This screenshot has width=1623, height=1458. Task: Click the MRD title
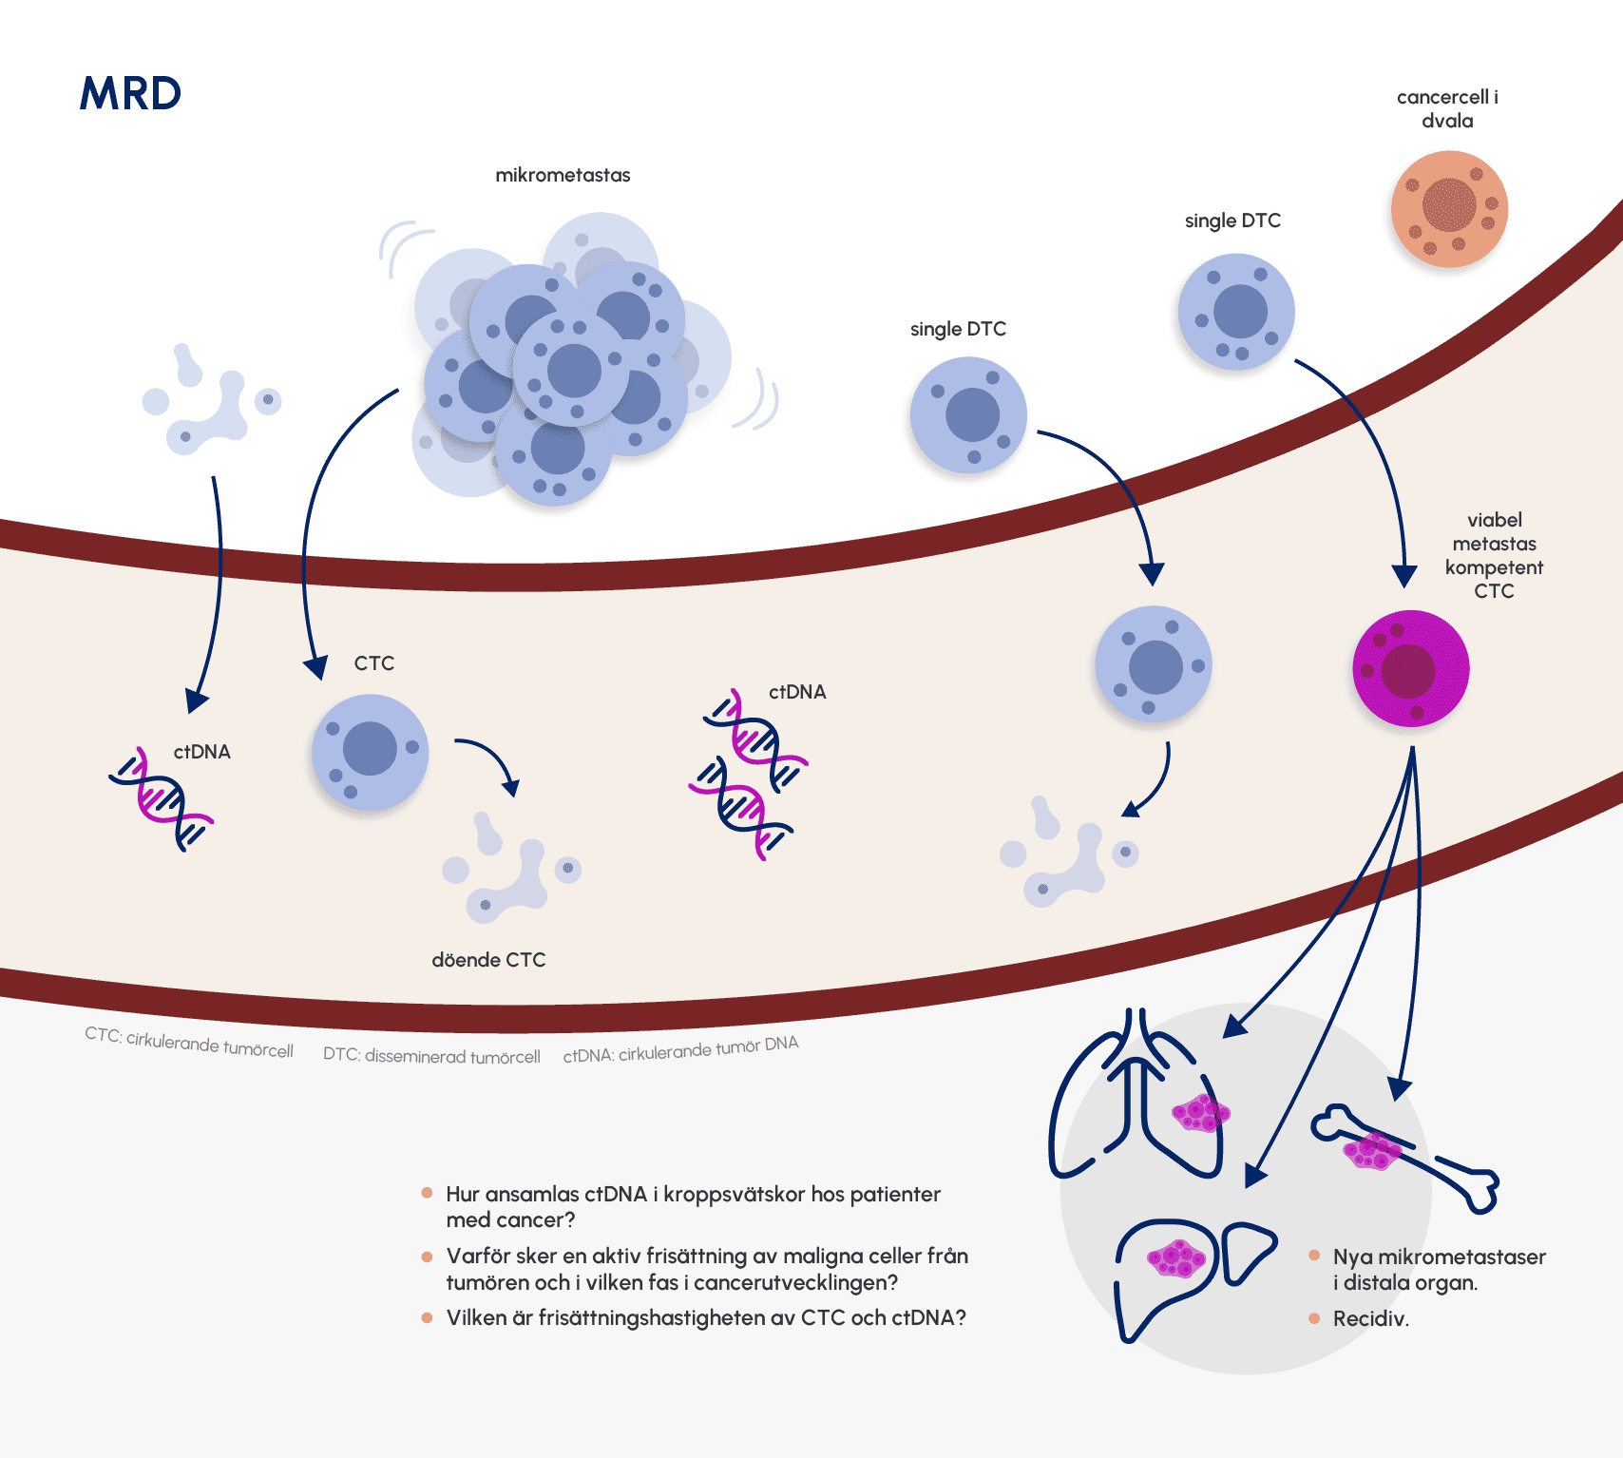click(x=130, y=93)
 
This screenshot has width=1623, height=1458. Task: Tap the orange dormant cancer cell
click(x=1449, y=208)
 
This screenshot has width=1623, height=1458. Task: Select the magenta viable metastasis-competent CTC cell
click(x=1410, y=668)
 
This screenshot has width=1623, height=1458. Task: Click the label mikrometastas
click(x=563, y=175)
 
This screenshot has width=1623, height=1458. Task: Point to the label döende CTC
click(x=488, y=960)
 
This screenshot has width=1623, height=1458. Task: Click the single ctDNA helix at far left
click(x=162, y=798)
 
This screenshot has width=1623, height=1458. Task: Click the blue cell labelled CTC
click(x=370, y=751)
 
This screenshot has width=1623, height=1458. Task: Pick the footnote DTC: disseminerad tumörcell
click(x=431, y=1056)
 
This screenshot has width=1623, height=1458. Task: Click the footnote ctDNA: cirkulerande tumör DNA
click(x=680, y=1049)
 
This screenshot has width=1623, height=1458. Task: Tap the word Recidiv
click(x=1370, y=1318)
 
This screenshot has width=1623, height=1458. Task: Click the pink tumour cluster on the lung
click(x=1201, y=1112)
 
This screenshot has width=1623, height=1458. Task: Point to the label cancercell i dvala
click(x=1447, y=108)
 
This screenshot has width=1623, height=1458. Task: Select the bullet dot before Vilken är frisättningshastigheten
click(x=427, y=1317)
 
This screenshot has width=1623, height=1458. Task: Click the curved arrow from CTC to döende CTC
click(x=491, y=760)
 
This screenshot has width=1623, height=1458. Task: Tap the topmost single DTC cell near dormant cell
click(x=1236, y=311)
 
